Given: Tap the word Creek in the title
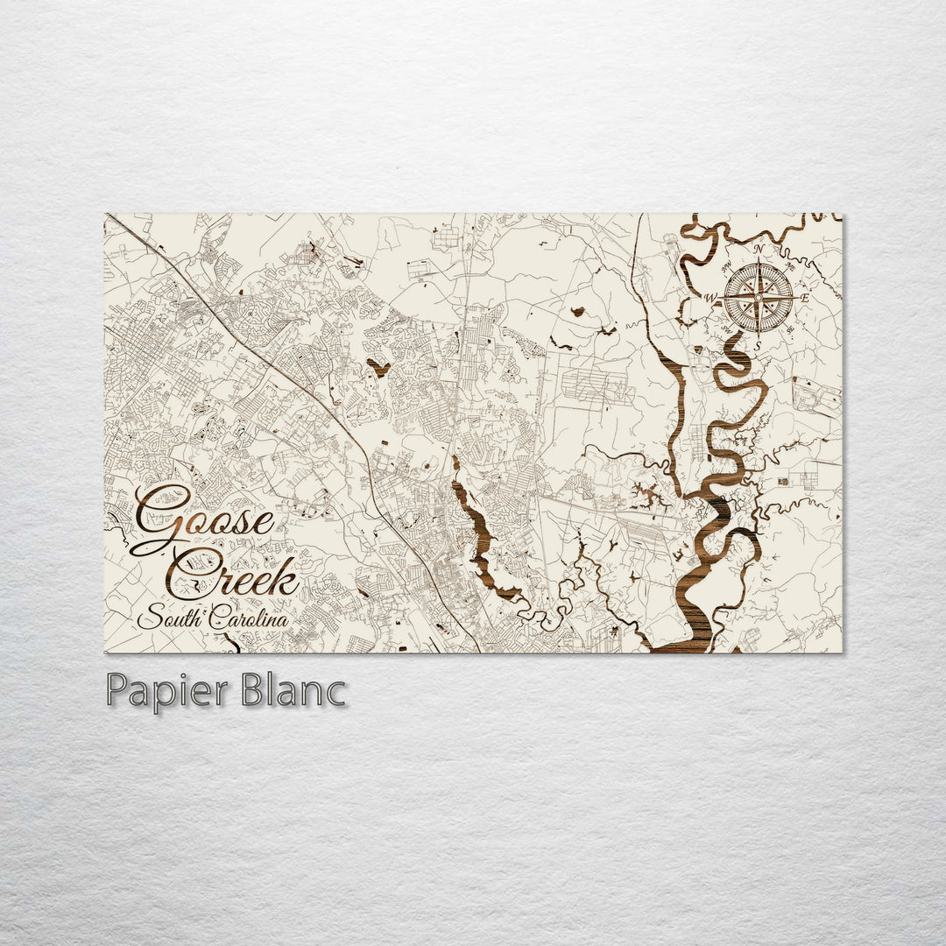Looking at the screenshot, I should tap(235, 574).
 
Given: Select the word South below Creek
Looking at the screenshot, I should tap(173, 618).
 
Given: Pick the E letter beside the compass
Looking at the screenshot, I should tap(804, 299).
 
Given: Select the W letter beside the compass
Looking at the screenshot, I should tap(711, 299).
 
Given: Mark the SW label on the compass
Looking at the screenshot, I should tap(727, 331).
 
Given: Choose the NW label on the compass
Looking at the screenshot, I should tap(726, 267).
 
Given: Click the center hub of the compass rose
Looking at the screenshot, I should tap(758, 298).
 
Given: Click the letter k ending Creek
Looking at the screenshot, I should tap(285, 576).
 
